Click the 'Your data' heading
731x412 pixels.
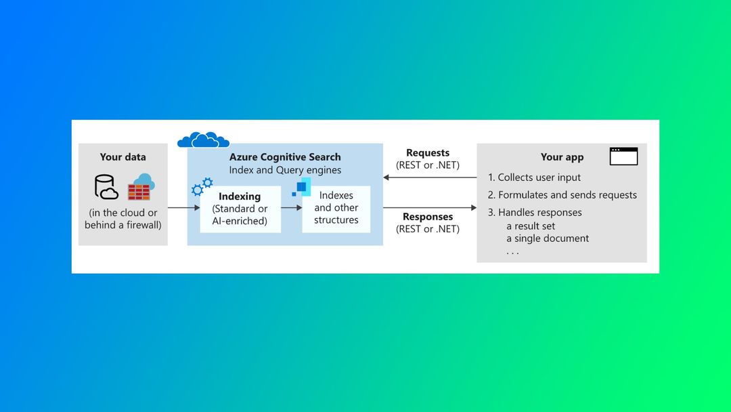click(123, 157)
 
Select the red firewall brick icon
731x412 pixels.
click(139, 191)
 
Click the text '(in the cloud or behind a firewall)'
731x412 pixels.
click(123, 219)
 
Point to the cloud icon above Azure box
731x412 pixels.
click(203, 140)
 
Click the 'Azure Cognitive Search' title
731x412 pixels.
click(285, 157)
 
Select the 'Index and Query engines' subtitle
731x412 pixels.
click(285, 170)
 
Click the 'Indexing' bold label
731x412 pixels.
click(240, 197)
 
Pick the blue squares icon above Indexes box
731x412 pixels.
click(301, 186)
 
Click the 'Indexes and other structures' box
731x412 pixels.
click(336, 208)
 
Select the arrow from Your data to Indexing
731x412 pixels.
click(183, 208)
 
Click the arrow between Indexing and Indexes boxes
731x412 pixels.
click(291, 208)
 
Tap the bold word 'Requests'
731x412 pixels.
click(428, 153)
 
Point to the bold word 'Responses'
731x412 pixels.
click(428, 217)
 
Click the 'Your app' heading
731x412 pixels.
click(562, 157)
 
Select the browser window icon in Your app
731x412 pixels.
click(623, 157)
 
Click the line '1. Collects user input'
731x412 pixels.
click(535, 178)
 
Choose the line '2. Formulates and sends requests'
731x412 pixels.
click(562, 195)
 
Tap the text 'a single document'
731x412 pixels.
click(548, 239)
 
